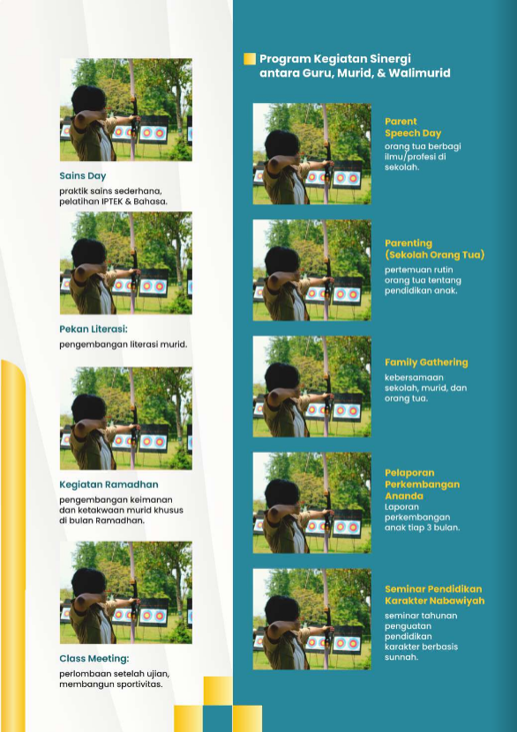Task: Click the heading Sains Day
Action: (x=83, y=176)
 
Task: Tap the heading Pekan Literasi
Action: (x=94, y=329)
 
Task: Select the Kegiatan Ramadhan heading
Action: (x=109, y=484)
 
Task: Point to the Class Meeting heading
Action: (x=94, y=659)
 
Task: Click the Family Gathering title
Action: (x=426, y=362)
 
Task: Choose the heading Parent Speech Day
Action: (x=413, y=128)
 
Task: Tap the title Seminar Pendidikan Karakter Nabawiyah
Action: (x=435, y=595)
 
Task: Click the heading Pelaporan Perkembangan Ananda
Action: (x=422, y=484)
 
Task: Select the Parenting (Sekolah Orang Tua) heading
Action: (x=435, y=248)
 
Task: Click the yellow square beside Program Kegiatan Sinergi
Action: (x=250, y=59)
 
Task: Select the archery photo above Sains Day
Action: (x=126, y=110)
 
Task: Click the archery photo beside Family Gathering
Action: (x=311, y=387)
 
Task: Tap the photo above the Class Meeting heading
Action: (x=126, y=593)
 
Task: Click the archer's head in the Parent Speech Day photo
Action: (x=281, y=144)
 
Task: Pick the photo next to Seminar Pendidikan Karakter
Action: (x=311, y=619)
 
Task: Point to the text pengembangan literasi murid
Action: (x=123, y=344)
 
